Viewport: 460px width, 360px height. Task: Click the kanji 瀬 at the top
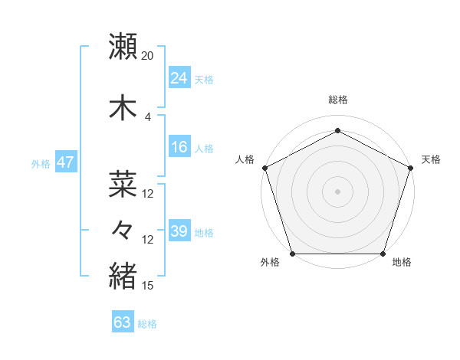(x=123, y=47)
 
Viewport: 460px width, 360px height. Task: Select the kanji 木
(x=123, y=108)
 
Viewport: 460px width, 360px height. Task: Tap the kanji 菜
(x=123, y=185)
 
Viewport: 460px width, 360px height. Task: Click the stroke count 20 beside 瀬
(x=148, y=56)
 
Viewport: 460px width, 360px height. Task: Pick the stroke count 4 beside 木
(x=148, y=117)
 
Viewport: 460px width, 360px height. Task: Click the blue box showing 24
(x=179, y=78)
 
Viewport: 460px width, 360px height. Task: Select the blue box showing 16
(x=179, y=148)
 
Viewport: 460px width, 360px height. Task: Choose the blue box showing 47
(x=65, y=162)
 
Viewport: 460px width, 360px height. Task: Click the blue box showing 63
(x=123, y=322)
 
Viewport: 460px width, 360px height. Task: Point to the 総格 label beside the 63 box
(x=147, y=324)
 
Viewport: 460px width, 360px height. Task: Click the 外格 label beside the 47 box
(x=41, y=163)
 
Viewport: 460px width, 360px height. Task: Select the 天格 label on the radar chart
(x=431, y=159)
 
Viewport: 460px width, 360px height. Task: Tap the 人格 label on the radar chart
(x=245, y=159)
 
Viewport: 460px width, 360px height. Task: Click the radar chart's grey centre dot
(x=337, y=191)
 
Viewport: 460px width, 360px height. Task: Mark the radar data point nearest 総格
(x=337, y=131)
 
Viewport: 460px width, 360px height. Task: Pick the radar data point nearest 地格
(x=383, y=254)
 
